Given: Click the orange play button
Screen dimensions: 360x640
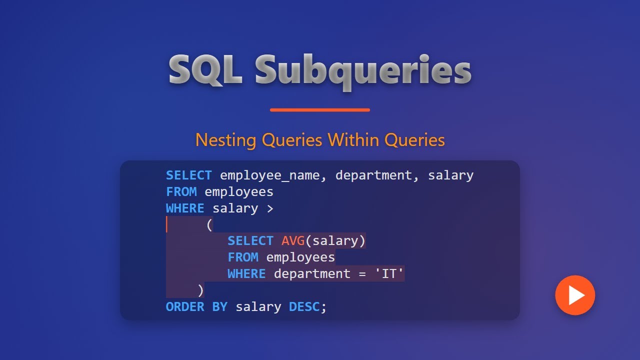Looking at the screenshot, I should [575, 295].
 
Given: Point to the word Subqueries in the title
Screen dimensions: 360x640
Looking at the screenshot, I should [363, 70].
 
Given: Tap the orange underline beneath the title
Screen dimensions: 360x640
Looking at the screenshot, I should [320, 110].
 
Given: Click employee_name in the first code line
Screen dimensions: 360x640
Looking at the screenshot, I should [273, 175].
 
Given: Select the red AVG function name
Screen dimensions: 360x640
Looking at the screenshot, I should [293, 241].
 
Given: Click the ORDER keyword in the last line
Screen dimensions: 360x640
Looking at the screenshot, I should [185, 307].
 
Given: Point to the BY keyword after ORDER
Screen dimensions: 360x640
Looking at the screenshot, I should [220, 307].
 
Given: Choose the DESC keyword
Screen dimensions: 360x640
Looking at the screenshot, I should [304, 307].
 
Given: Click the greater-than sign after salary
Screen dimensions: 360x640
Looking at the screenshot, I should [270, 208].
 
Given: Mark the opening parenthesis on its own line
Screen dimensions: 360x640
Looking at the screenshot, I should [209, 225].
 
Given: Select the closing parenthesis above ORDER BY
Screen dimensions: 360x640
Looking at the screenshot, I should [200, 290].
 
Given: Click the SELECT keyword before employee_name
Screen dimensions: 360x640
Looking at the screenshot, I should [189, 175].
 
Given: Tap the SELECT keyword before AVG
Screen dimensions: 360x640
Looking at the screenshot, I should [250, 241].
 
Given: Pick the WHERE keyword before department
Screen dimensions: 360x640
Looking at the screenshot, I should [246, 274].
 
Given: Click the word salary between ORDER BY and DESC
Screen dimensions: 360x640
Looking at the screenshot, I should [258, 307].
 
